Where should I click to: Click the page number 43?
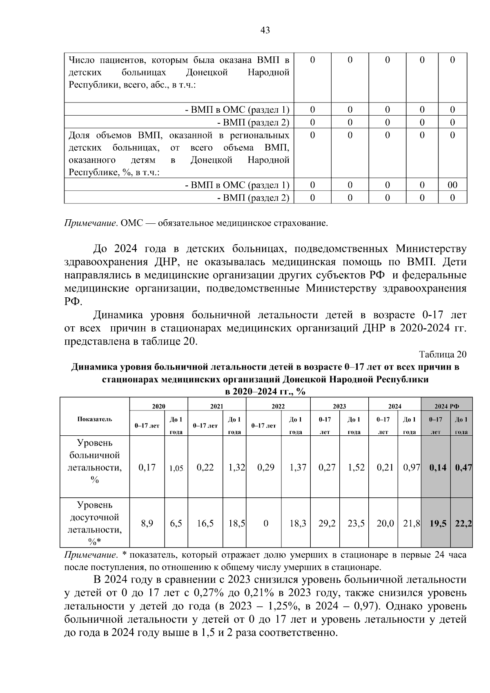265,30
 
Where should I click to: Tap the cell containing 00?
452,185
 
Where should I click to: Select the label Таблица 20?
442,354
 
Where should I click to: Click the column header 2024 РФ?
446,406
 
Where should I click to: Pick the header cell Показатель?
94,419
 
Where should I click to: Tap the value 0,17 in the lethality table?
147,468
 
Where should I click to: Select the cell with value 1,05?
176,468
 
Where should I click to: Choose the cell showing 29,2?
327,523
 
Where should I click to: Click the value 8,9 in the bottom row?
147,523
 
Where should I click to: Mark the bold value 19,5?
438,523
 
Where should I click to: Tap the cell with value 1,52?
356,468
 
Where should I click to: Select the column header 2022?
278,406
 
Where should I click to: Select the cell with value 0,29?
266,468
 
